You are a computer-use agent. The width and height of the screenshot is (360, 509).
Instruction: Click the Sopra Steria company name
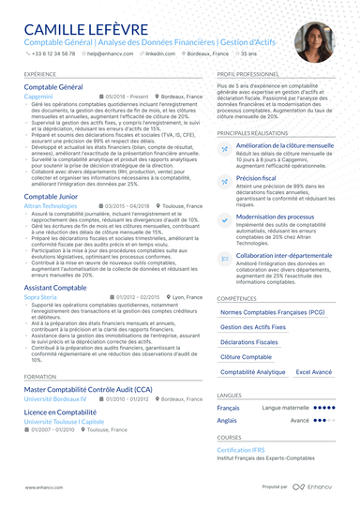(x=41, y=296)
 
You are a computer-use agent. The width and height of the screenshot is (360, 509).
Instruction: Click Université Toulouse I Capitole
(x=66, y=420)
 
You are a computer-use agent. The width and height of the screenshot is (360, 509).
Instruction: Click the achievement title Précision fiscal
(x=256, y=176)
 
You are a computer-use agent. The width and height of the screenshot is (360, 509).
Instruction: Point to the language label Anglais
(x=228, y=421)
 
